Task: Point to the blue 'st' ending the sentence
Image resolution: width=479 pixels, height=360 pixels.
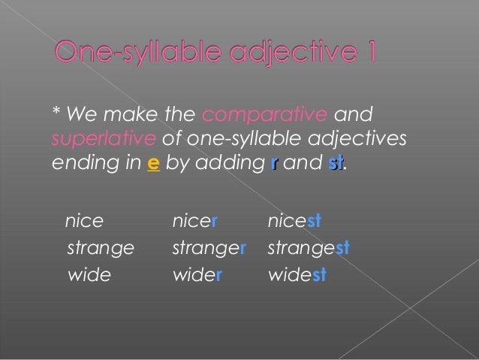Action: (x=336, y=164)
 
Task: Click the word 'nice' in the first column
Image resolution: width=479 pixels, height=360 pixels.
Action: (x=84, y=221)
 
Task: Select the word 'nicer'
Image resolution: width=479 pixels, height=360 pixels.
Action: (x=194, y=221)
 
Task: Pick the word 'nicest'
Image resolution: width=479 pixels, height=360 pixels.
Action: (x=295, y=221)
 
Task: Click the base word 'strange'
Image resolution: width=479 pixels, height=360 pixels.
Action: (x=101, y=248)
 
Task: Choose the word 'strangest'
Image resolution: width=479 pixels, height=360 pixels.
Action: (x=309, y=248)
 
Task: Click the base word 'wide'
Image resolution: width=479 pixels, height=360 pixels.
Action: (x=89, y=274)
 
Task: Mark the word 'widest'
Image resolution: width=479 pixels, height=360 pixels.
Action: (x=297, y=274)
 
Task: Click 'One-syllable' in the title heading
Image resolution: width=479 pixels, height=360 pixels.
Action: (x=137, y=54)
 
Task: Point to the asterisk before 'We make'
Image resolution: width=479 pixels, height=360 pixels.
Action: (x=56, y=113)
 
